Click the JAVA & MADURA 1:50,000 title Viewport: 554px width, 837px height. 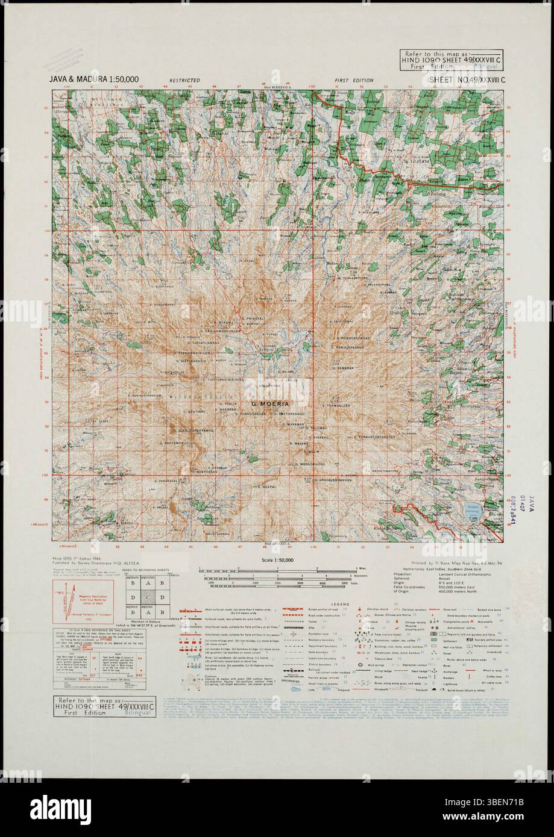[94, 79]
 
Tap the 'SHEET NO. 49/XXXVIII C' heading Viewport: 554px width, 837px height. [465, 80]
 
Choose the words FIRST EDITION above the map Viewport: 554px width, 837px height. [354, 80]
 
